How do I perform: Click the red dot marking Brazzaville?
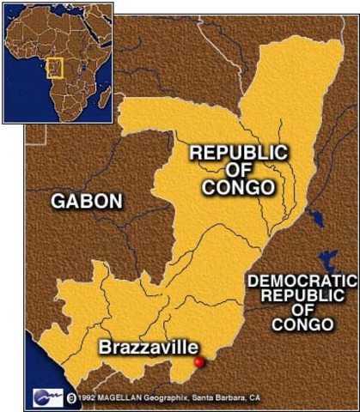pyautogui.click(x=199, y=363)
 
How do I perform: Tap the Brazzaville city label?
pyautogui.click(x=149, y=348)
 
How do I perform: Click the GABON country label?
pyautogui.click(x=87, y=202)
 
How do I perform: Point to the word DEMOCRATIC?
pyautogui.click(x=301, y=281)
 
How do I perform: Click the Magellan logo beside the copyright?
pyautogui.click(x=45, y=397)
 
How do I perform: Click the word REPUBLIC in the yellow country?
pyautogui.click(x=239, y=153)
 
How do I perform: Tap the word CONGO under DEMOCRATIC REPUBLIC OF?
pyautogui.click(x=302, y=324)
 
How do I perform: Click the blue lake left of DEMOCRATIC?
pyautogui.click(x=327, y=260)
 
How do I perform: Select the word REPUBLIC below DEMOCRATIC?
pyautogui.click(x=302, y=295)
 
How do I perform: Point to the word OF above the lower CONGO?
pyautogui.click(x=302, y=310)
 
